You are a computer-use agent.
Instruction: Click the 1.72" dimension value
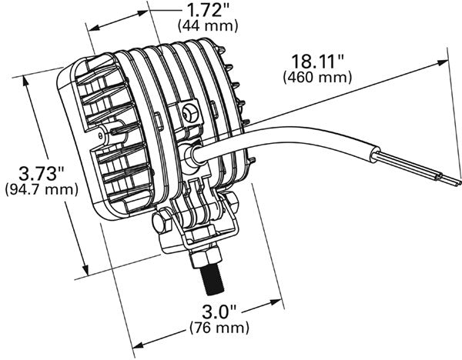point(208,10)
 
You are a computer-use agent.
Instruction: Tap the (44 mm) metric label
point(208,25)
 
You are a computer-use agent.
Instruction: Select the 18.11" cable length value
point(317,61)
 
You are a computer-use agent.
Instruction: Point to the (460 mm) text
point(317,77)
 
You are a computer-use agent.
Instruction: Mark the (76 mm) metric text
point(218,328)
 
